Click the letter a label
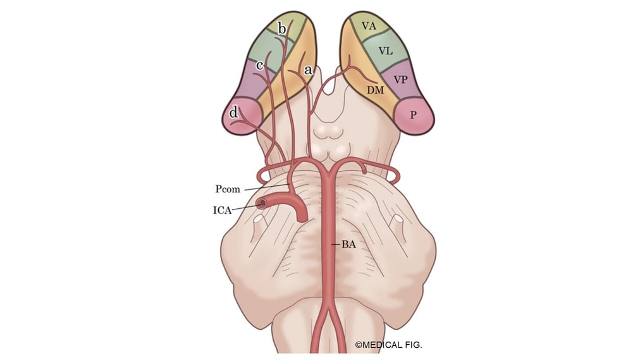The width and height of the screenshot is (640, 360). click(x=308, y=70)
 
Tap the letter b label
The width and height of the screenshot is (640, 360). click(x=282, y=28)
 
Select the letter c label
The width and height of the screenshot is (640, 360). click(x=259, y=65)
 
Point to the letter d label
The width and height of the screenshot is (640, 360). click(x=234, y=113)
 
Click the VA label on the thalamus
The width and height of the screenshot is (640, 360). click(x=369, y=26)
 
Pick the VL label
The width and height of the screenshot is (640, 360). click(x=386, y=49)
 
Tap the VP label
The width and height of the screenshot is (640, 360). click(x=400, y=80)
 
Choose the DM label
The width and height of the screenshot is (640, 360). click(x=376, y=90)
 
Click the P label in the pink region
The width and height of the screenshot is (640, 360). click(x=413, y=116)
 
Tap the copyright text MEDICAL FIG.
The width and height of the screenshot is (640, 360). click(x=388, y=345)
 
